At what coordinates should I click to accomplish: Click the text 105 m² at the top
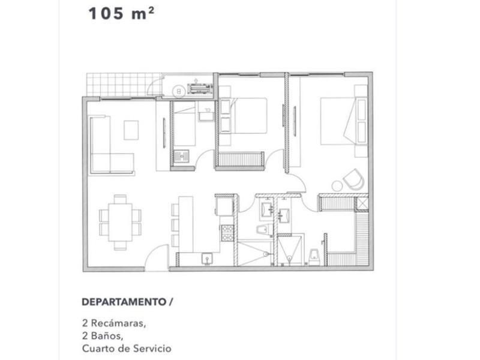(121, 13)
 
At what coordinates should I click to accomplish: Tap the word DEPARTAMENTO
(124, 302)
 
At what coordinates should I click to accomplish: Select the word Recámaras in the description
(118, 323)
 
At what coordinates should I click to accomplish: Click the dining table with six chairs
(120, 222)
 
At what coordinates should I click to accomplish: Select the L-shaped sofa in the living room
(112, 145)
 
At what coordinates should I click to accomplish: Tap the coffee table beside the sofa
(131, 130)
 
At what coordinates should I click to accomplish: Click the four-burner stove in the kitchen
(227, 233)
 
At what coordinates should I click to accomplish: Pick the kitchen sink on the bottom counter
(207, 259)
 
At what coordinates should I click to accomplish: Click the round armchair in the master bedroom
(354, 179)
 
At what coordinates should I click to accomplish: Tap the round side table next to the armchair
(337, 186)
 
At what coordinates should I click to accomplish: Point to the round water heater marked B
(179, 91)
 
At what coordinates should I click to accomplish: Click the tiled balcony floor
(124, 85)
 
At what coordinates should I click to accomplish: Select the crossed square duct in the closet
(362, 203)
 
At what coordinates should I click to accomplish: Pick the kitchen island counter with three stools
(185, 224)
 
